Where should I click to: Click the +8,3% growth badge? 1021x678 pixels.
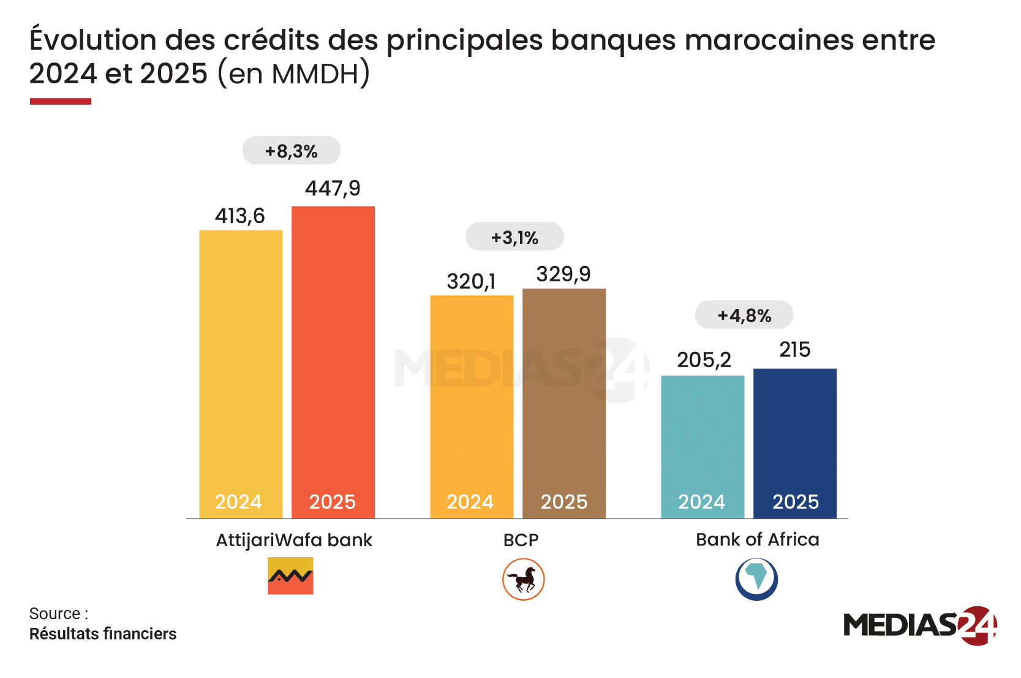(292, 151)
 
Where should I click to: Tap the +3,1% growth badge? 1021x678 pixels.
(514, 237)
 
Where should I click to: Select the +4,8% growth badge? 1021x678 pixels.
(744, 315)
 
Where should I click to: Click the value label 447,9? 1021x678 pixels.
(333, 188)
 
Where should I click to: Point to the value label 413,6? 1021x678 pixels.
(239, 216)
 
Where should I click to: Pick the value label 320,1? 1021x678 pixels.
(471, 281)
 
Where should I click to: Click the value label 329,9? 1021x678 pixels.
(563, 274)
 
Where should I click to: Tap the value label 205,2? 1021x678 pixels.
(704, 360)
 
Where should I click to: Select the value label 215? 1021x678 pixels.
(794, 349)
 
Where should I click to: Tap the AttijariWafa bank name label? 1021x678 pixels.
(294, 540)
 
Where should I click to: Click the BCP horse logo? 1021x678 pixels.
(523, 579)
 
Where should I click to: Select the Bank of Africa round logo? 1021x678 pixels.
(756, 579)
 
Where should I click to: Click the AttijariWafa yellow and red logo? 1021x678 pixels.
(290, 576)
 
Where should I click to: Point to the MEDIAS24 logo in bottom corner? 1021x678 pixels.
(919, 625)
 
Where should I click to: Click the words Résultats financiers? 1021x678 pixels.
(103, 634)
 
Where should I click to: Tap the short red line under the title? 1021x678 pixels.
(61, 101)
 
